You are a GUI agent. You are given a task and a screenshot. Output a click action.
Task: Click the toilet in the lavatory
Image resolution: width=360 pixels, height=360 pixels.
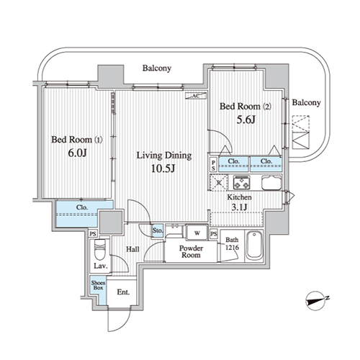[99, 250]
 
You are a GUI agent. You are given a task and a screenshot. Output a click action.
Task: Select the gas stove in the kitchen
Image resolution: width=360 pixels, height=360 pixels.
[242, 183]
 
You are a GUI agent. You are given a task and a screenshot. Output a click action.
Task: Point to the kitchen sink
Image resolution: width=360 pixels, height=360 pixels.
[271, 183]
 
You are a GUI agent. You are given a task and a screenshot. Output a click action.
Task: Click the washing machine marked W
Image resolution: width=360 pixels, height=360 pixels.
[197, 233]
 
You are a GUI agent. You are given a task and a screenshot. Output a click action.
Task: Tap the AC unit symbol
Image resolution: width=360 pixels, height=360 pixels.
[196, 96]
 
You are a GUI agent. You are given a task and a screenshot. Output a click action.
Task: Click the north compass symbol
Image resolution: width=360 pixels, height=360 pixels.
[316, 301]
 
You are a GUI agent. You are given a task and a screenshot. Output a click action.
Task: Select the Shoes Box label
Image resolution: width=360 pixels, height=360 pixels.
[98, 285]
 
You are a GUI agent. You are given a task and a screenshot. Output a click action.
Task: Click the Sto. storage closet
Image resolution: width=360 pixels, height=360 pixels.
[158, 230]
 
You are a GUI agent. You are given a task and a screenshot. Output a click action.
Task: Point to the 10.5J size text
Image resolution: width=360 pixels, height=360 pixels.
[163, 168]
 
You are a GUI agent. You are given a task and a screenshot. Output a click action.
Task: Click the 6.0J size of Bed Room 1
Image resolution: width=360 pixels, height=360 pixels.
[77, 153]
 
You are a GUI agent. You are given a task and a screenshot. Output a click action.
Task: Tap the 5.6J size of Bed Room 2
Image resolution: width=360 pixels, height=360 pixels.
[246, 120]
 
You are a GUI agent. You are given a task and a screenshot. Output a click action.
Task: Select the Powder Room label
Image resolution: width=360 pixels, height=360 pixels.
[191, 251]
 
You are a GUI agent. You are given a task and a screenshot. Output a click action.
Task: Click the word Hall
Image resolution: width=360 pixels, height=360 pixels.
[132, 249]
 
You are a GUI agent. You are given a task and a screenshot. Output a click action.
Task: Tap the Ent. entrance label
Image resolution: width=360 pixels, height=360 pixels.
[123, 292]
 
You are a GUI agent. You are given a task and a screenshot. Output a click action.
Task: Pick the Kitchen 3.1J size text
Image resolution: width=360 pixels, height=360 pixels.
[239, 207]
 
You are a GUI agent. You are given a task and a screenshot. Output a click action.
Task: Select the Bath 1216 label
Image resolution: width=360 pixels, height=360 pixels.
[232, 243]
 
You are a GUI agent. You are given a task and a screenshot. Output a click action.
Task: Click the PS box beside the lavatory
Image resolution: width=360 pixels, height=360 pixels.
[93, 234]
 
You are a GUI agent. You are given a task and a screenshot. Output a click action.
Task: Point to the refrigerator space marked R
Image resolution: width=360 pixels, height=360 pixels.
[219, 183]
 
